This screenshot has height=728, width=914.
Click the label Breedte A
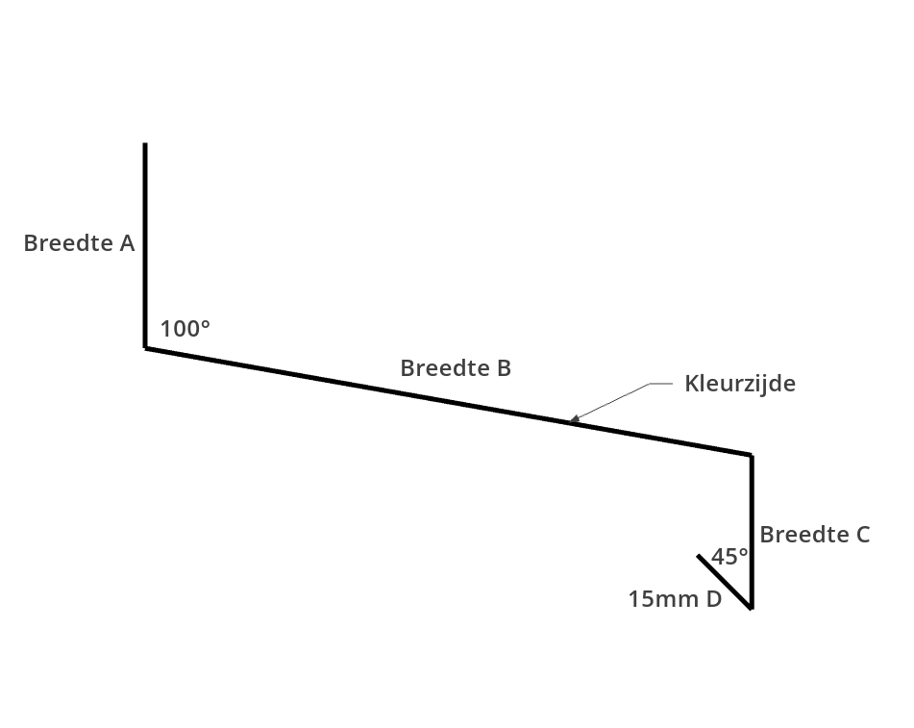click(x=79, y=243)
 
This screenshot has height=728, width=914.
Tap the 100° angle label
click(x=185, y=329)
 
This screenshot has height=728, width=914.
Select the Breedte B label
click(x=456, y=368)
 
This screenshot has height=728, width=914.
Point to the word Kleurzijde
click(x=740, y=384)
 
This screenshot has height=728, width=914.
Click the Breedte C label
click(x=815, y=535)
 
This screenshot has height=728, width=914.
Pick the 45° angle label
click(x=729, y=557)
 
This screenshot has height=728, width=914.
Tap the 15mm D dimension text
click(x=675, y=600)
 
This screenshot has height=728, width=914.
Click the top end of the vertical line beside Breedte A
click(x=145, y=144)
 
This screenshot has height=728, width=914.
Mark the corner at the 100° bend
click(x=146, y=347)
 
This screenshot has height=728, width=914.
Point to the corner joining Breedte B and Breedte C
click(x=751, y=455)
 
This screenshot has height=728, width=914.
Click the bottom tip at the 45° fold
click(x=751, y=608)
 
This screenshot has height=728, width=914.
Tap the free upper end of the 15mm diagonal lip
click(x=699, y=556)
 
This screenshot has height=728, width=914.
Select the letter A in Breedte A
click(x=127, y=243)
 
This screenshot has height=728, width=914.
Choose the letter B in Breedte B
click(x=504, y=368)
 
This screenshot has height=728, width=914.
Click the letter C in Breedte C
click(x=862, y=535)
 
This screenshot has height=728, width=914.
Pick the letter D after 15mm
click(x=713, y=600)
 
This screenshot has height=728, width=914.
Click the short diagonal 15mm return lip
click(x=725, y=582)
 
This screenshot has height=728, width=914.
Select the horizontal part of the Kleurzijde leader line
click(x=661, y=384)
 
